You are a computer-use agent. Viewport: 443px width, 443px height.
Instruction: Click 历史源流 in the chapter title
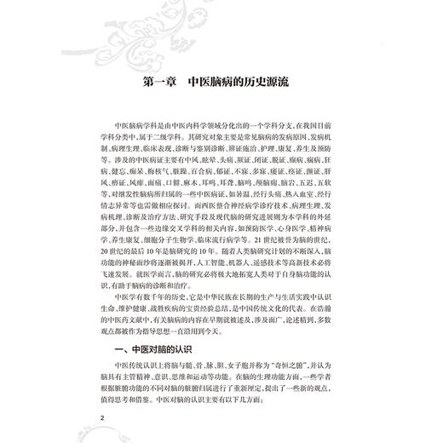click(279, 87)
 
